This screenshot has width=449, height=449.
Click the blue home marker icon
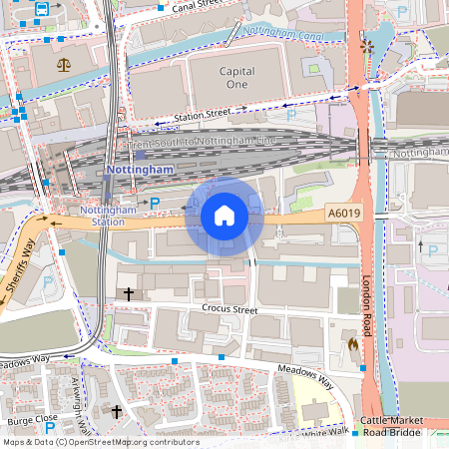click(224, 216)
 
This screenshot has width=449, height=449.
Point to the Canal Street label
click(196, 7)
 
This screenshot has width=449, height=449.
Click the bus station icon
click(42, 9)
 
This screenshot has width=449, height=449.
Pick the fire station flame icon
click(353, 343)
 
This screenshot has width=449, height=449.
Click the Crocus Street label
click(229, 310)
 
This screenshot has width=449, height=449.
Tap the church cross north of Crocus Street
click(129, 293)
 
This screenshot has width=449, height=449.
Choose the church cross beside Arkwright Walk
click(117, 411)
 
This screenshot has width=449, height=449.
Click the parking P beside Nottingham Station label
click(155, 203)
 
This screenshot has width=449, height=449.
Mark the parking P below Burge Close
click(49, 428)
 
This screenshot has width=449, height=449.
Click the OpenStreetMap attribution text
click(100, 442)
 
